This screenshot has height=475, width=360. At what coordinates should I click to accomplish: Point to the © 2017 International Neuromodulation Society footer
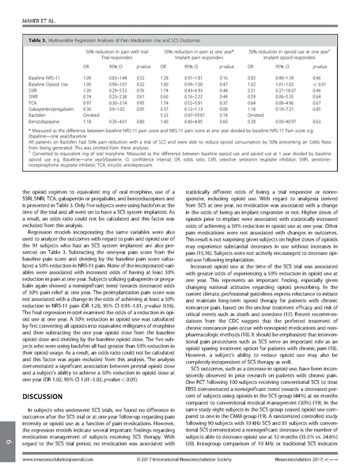[181, 469]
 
